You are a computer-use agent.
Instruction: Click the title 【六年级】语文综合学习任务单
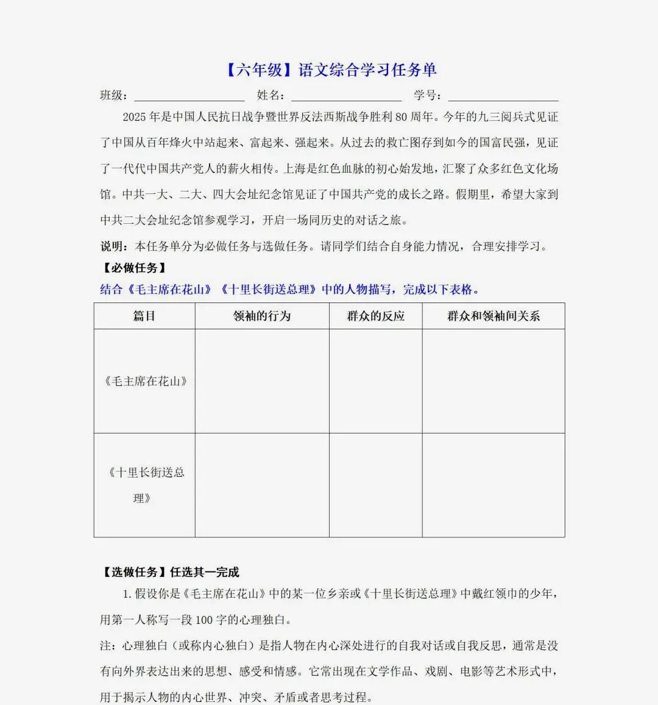click(331, 70)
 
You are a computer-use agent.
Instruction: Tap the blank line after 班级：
click(189, 96)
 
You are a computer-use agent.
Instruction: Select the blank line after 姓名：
click(346, 96)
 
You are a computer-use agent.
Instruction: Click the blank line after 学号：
click(503, 96)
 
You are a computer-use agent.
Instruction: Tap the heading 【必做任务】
click(134, 268)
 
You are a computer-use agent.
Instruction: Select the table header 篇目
click(144, 316)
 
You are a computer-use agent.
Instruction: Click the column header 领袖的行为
click(262, 316)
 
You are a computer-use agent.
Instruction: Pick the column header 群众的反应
click(375, 316)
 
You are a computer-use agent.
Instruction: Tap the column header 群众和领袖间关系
click(493, 316)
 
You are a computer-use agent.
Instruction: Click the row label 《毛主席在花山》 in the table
click(145, 381)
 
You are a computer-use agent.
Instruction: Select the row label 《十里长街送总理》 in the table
click(145, 485)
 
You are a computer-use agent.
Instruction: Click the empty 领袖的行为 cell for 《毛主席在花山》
click(262, 381)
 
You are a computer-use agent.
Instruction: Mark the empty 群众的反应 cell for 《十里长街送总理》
click(375, 485)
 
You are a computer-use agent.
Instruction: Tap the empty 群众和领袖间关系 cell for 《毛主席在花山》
click(493, 381)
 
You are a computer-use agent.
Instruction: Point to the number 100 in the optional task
click(204, 620)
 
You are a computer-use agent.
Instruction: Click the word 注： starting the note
click(108, 646)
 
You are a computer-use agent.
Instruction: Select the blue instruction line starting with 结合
click(290, 290)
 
